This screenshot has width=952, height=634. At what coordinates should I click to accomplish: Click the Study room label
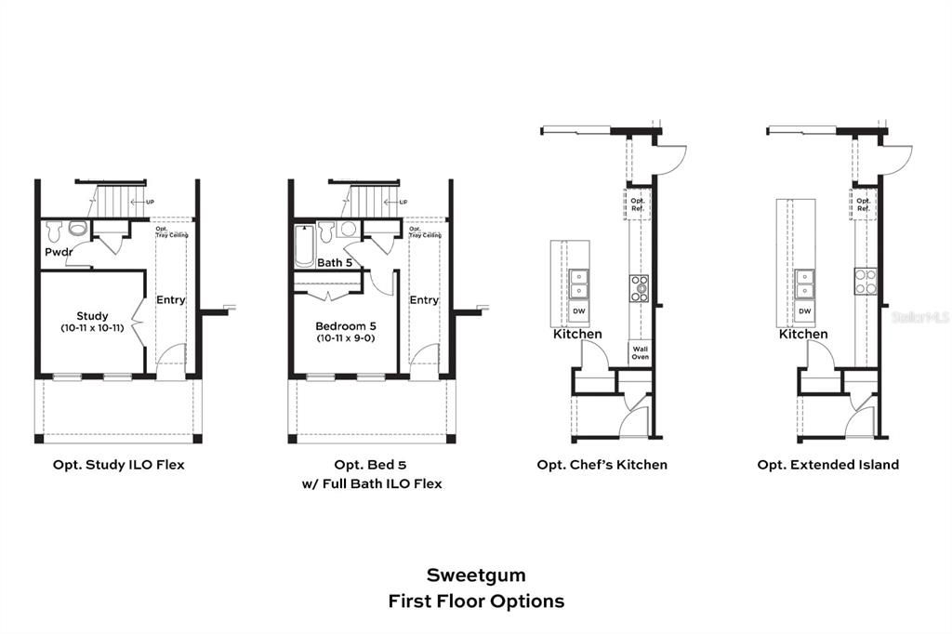(x=92, y=316)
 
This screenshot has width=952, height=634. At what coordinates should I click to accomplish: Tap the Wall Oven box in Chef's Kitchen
(x=641, y=352)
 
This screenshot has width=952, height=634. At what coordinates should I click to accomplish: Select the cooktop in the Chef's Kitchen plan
(x=640, y=289)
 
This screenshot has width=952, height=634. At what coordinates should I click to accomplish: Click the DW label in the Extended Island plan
(x=804, y=311)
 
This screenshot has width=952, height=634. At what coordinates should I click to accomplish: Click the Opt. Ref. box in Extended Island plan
(x=864, y=205)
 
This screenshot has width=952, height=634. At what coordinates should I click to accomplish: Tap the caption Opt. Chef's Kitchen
(x=602, y=465)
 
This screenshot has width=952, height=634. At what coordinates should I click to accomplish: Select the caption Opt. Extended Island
(x=827, y=465)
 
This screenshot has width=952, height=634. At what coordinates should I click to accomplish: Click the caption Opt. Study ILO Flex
(x=118, y=465)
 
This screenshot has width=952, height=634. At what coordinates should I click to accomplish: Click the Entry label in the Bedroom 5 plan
(x=424, y=300)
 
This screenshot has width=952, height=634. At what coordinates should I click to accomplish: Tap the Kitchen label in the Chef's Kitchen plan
(x=577, y=334)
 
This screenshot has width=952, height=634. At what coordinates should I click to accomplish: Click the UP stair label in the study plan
(x=149, y=202)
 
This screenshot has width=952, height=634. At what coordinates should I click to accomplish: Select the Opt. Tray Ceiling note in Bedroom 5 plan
(x=425, y=232)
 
